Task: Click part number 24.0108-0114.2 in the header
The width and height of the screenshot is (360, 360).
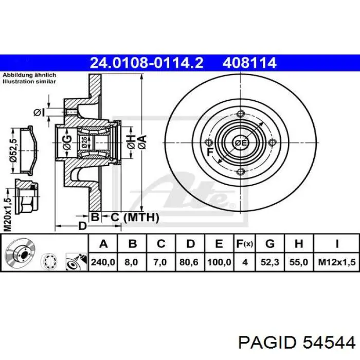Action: click(147, 63)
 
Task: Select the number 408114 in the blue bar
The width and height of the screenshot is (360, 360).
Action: click(249, 63)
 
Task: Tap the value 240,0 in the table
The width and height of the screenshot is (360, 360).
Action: click(103, 262)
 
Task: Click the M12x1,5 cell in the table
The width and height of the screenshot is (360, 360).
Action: click(336, 262)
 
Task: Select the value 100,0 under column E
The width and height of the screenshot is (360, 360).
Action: click(218, 262)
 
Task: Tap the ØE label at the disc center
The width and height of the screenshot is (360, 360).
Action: click(241, 142)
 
